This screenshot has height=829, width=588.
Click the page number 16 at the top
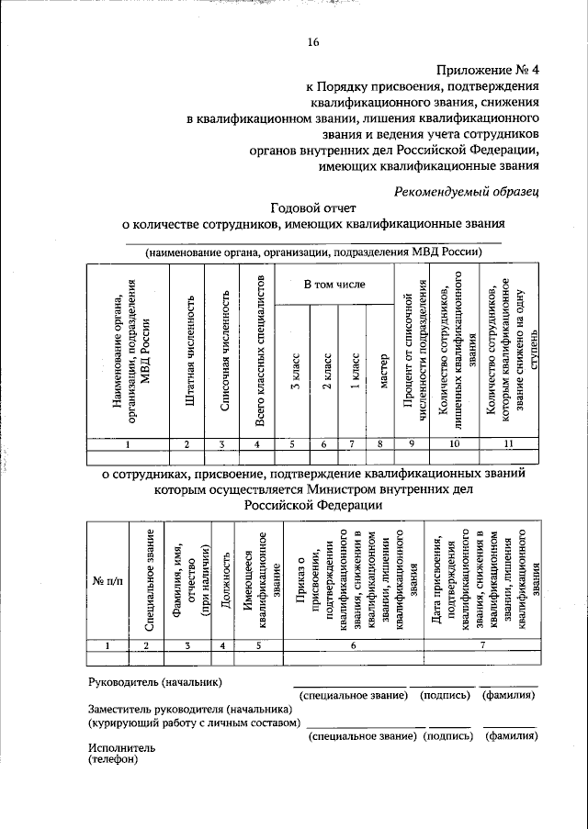313,42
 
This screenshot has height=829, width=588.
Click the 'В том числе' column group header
334,284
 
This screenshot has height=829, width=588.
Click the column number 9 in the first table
412,444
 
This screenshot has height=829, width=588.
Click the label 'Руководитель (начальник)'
154,682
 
